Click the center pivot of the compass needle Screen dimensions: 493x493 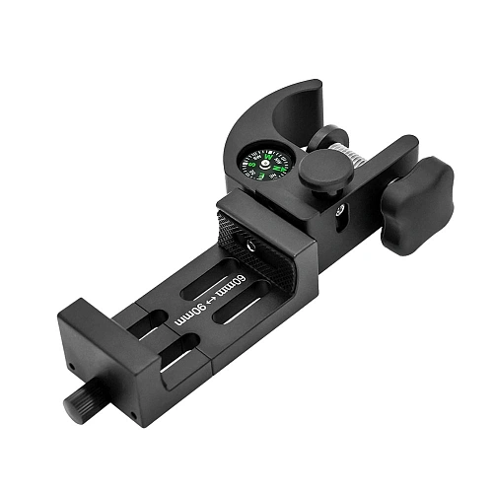tap(265, 163)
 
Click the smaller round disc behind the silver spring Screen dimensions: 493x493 tap(333, 137)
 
